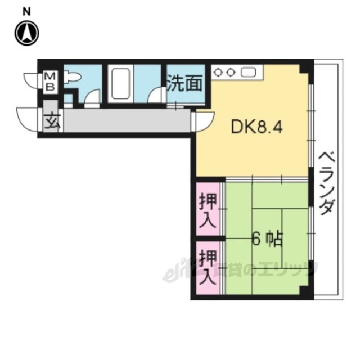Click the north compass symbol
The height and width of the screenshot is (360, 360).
26,33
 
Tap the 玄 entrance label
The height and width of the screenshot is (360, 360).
51,121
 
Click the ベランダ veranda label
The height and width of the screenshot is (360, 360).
326,183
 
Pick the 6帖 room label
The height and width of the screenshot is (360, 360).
266,241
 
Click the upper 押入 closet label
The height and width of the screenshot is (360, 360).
207,209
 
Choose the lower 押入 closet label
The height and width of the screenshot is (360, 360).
207,267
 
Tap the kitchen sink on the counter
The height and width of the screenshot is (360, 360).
249,72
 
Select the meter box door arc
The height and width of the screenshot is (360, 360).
31,79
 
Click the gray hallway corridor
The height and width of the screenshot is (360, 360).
124,120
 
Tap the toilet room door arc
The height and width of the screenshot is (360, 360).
91,98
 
